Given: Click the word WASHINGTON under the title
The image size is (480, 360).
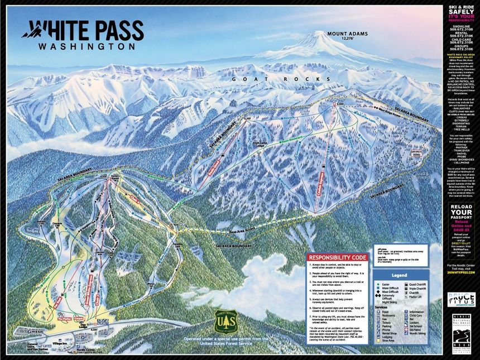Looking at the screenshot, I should (86, 47).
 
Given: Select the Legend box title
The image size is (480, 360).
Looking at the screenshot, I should (398, 276).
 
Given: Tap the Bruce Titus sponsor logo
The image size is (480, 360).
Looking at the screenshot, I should (461, 299).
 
